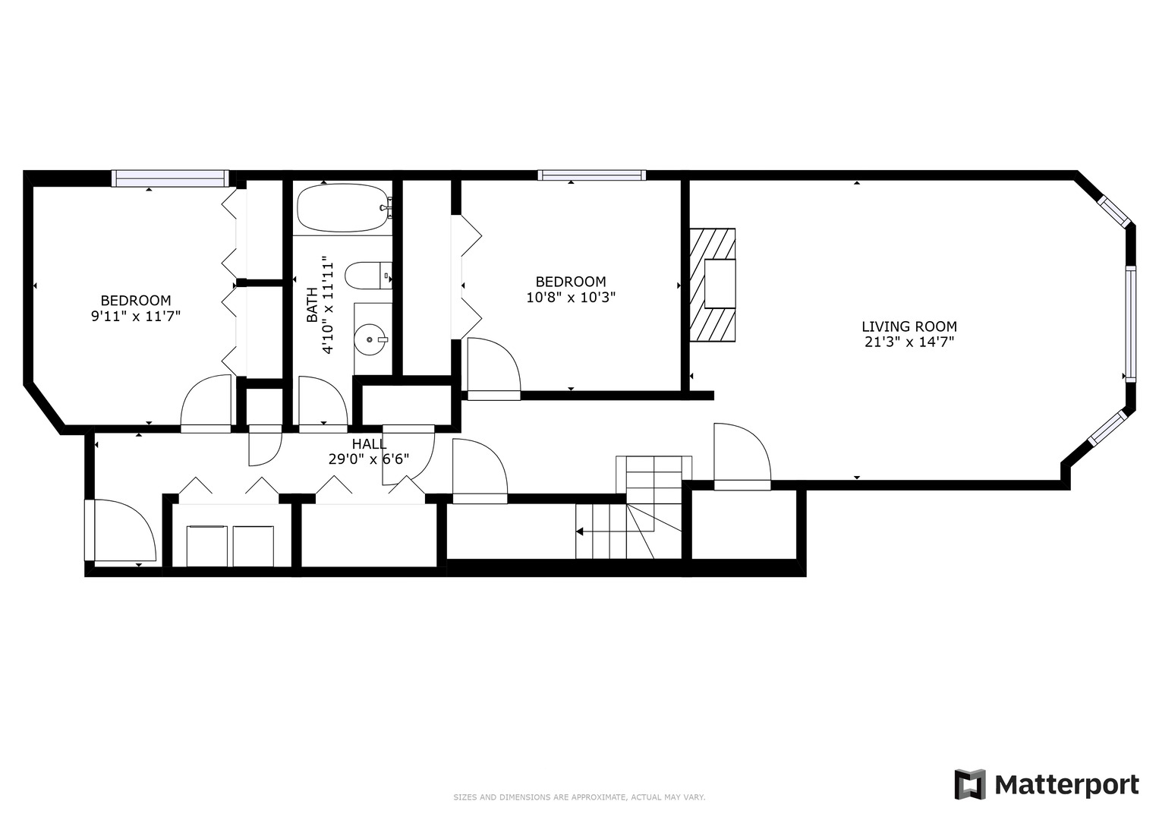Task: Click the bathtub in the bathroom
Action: pyautogui.click(x=342, y=208)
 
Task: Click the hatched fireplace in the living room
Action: pyautogui.click(x=712, y=285)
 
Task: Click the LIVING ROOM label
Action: pyautogui.click(x=909, y=326)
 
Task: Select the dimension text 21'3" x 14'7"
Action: pyautogui.click(x=909, y=342)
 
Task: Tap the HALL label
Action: pyautogui.click(x=368, y=444)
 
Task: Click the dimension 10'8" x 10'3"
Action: pyautogui.click(x=570, y=297)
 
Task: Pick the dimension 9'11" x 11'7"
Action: pyautogui.click(x=136, y=316)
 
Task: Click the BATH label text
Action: pyautogui.click(x=312, y=304)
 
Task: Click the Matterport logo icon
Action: pyautogui.click(x=969, y=784)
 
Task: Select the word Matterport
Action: pyautogui.click(x=1066, y=784)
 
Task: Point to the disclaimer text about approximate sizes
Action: pyautogui.click(x=579, y=797)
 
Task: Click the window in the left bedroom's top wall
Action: pyautogui.click(x=170, y=178)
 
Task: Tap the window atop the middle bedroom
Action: pyautogui.click(x=591, y=175)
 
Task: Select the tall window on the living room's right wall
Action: pyautogui.click(x=1130, y=323)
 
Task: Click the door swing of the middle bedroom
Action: pyautogui.click(x=493, y=369)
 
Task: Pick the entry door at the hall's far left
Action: pyautogui.click(x=121, y=531)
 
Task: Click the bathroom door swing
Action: pyautogui.click(x=323, y=403)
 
